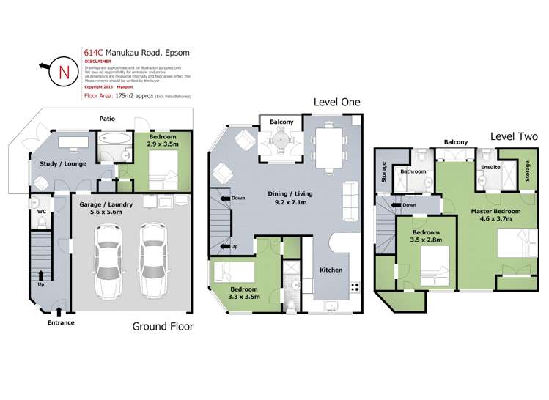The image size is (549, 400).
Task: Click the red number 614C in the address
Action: coord(93,52)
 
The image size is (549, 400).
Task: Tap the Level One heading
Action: coord(336,102)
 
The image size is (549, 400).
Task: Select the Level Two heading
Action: coord(514,136)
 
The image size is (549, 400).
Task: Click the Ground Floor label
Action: coord(162,327)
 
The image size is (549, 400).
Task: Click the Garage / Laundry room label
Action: coord(107,204)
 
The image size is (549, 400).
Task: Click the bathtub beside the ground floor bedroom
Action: coord(114,139)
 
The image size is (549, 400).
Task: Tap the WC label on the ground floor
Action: coord(42,213)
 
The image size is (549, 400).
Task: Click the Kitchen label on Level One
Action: coord(331,270)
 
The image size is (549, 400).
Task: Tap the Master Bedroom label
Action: coord(495,211)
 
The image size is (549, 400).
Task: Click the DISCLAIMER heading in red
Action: coord(98,62)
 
